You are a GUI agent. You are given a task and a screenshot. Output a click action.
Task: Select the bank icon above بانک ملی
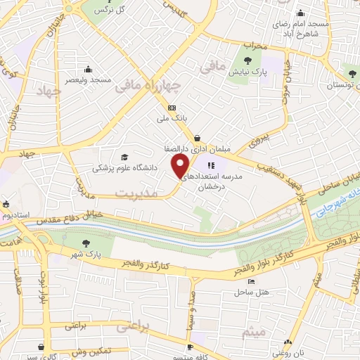tap(172, 108)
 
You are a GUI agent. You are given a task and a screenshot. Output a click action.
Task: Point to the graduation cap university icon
tap(124, 157)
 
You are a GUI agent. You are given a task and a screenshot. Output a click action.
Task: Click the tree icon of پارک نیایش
tap(248, 59)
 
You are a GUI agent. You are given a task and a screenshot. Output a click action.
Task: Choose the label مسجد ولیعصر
tap(89, 80)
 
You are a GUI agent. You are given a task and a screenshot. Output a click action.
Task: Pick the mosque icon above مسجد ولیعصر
tap(88, 69)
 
